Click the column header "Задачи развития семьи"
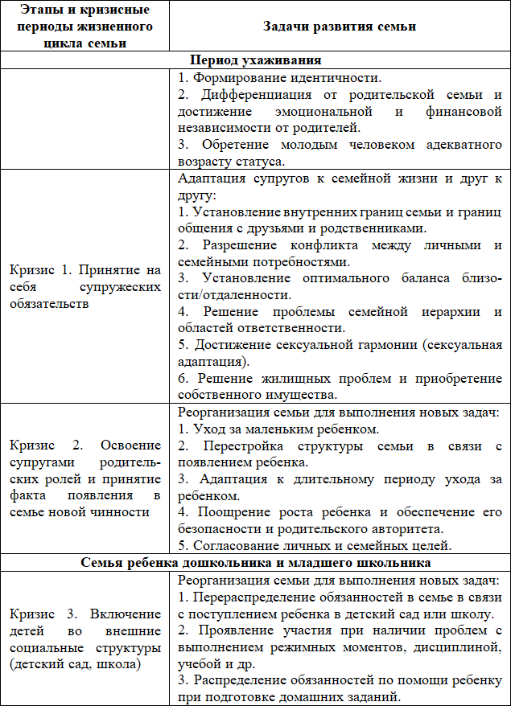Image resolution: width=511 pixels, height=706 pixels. point(339,27)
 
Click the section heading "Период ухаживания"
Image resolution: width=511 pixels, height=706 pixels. point(255,60)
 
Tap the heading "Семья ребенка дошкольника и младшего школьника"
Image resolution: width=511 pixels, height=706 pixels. point(255,562)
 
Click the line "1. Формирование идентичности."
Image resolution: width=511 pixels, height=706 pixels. point(278,78)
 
